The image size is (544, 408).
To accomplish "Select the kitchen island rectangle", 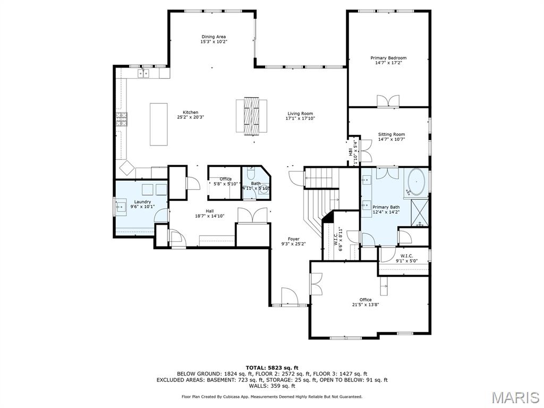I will click(x=158, y=124).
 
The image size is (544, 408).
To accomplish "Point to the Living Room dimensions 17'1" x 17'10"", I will click(x=300, y=118).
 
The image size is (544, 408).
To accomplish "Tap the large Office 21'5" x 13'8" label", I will click(x=365, y=302).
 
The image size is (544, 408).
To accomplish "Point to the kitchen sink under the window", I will click(x=144, y=73).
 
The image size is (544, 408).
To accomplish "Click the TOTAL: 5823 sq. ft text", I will click(x=271, y=368).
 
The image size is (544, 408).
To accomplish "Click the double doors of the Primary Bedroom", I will click(x=387, y=101).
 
